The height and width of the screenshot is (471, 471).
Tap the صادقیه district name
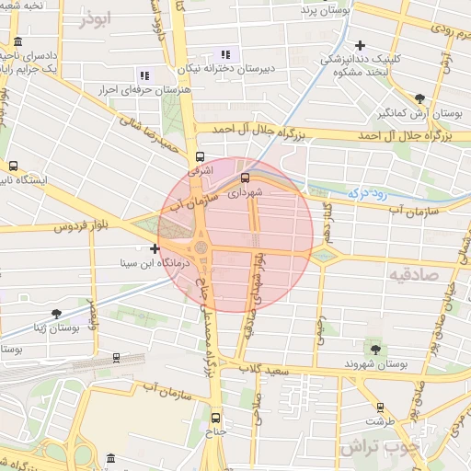419,273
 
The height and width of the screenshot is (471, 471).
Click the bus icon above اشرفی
201,156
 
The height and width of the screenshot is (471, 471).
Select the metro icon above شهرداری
245,178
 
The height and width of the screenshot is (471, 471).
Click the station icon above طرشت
380,407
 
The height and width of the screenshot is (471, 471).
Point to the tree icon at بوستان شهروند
374,348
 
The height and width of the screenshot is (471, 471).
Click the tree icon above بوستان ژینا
56,314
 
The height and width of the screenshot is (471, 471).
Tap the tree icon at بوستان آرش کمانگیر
420,98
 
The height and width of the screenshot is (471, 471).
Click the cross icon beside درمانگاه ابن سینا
155,248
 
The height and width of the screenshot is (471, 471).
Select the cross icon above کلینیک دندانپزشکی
360,44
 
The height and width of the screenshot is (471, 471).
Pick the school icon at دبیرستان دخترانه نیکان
226,54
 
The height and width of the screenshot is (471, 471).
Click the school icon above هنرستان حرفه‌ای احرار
144,75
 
